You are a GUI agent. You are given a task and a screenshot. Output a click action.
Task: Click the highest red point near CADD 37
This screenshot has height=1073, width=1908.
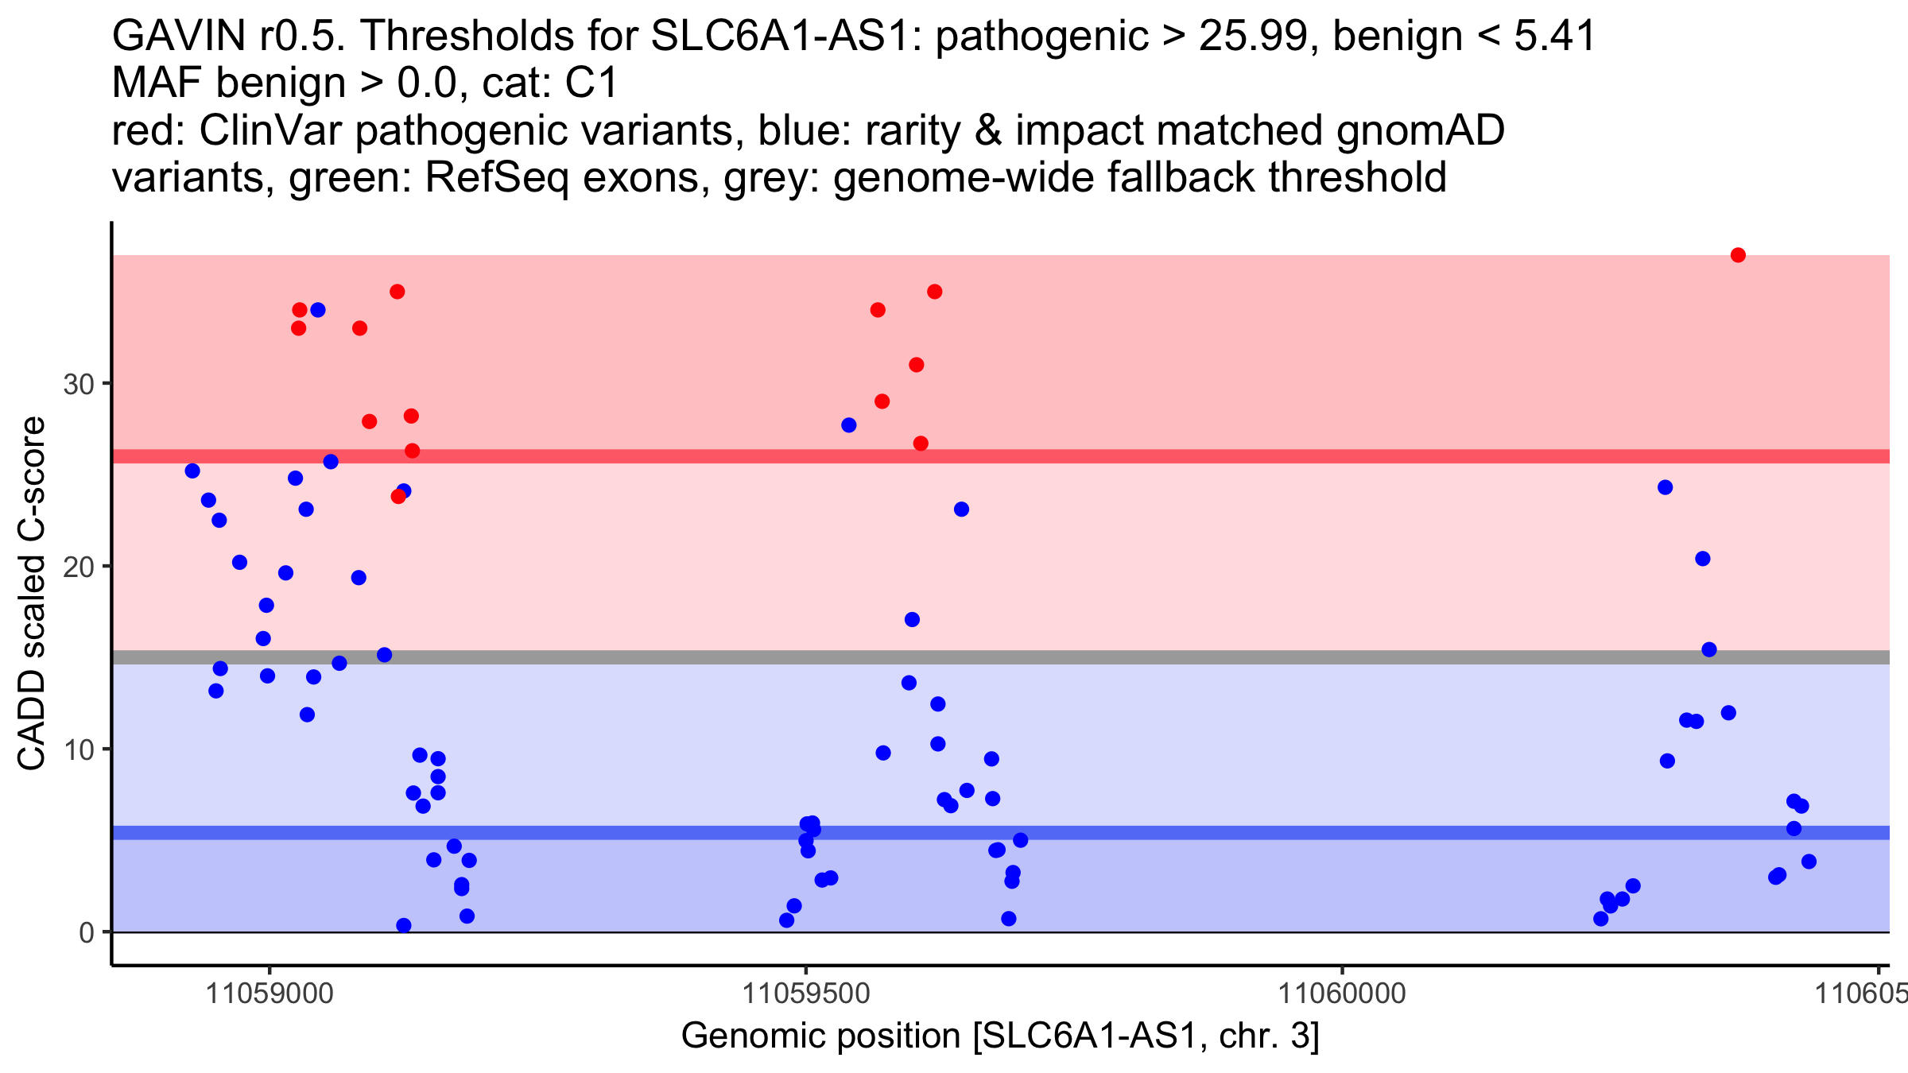[x=1738, y=255]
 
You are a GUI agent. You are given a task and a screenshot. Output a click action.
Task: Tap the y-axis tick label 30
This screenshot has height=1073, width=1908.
[x=78, y=385]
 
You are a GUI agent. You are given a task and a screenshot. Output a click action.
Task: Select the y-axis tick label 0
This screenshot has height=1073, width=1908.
[x=87, y=932]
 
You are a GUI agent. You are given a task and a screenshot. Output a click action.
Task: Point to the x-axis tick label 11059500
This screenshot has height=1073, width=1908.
[x=806, y=994]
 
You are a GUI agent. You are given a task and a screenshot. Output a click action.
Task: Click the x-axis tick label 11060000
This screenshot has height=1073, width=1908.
[x=1342, y=994]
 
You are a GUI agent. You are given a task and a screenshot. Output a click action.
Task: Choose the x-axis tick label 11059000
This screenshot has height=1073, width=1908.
[x=270, y=994]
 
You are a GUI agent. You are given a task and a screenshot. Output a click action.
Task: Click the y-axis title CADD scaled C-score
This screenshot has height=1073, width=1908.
[x=32, y=594]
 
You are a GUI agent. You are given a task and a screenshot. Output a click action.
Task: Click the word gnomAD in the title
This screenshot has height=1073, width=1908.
[x=1420, y=130]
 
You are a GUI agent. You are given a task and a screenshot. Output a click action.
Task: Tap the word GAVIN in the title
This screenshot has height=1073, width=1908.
[x=179, y=37]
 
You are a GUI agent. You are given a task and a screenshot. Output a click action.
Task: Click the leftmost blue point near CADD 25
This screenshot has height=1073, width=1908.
[x=192, y=471]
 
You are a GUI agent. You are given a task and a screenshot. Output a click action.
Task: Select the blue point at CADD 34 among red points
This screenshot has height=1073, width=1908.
[x=318, y=310]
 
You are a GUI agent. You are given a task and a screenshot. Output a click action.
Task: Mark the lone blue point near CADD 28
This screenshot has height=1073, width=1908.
[x=849, y=425]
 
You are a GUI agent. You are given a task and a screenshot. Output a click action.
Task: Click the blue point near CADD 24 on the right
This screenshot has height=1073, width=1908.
[x=1666, y=487]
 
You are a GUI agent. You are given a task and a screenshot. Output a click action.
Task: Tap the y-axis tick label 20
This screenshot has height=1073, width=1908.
[x=78, y=567]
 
